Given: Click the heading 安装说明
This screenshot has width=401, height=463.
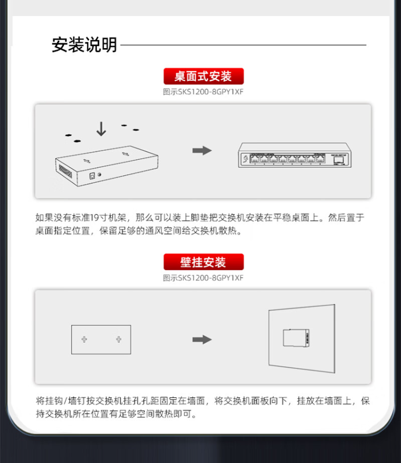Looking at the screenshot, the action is pos(84,45).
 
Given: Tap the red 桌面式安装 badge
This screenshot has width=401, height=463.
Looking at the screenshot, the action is pos(204,76).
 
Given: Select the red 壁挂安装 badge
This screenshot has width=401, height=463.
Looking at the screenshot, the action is pos(204,262).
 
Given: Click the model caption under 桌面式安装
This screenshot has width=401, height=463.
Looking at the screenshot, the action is pos(203,92).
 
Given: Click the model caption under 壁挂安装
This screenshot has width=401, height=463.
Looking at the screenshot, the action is pos(203,278).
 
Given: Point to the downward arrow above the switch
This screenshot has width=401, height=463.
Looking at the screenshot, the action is pos(101,129).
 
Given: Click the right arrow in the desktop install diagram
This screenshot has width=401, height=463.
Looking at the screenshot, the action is pos(202,151).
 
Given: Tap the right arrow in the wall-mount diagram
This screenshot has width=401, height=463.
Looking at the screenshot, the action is pos(202,339).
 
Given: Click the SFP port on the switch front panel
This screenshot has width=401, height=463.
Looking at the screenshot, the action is pos(338,160).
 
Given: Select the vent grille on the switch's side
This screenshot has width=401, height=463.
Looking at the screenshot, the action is pos(65,171).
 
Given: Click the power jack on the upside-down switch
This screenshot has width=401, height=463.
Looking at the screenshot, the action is pos(92,176).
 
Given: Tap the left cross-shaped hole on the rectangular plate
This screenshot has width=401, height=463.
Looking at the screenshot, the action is pos(84,339).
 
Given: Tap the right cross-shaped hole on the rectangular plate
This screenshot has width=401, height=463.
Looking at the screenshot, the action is pos(119,339).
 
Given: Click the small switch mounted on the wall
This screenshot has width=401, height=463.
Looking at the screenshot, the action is pos(296,338).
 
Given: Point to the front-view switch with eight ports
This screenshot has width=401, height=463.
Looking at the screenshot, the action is pos(295,156).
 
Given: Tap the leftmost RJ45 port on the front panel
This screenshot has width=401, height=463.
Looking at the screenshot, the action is pos(255,159).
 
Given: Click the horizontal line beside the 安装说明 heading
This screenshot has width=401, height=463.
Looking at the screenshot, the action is pos(243,45).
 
